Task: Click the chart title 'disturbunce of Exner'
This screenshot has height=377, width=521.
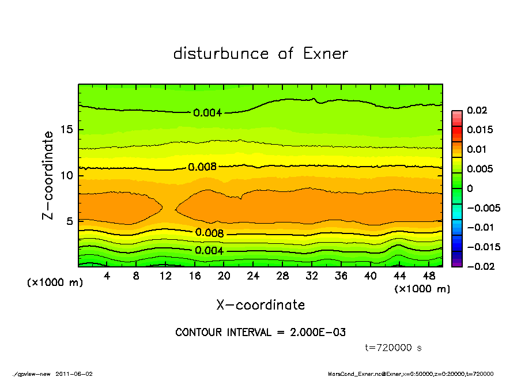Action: pos(260,54)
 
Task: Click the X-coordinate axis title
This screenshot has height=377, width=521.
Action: pos(260,304)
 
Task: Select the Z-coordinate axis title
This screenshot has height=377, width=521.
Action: pos(48,175)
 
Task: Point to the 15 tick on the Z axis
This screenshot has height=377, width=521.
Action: pos(66,130)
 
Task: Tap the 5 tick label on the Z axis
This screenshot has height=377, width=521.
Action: pos(69,221)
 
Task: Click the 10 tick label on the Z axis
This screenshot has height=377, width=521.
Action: pos(66,175)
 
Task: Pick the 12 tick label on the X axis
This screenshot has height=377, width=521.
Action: pos(165,276)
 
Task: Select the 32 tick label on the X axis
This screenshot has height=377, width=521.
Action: pos(312,276)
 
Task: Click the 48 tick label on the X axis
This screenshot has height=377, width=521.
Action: pos(429,276)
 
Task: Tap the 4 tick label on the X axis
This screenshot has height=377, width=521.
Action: pos(107,276)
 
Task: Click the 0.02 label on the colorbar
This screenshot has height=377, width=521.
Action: pos(477,110)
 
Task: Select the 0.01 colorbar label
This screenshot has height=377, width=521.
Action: pos(477,149)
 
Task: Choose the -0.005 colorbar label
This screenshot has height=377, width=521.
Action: pos(483,208)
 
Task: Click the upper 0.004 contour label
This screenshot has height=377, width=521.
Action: pos(207,112)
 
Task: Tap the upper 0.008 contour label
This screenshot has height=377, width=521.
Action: pos(202,167)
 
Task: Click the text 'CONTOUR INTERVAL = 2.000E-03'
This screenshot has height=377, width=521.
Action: pos(260,333)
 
